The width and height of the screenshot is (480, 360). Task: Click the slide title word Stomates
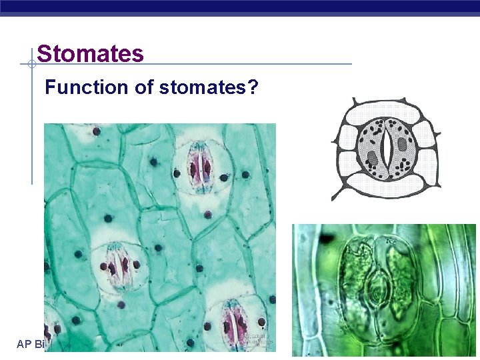pyautogui.click(x=90, y=53)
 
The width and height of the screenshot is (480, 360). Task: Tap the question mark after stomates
pyautogui.click(x=253, y=87)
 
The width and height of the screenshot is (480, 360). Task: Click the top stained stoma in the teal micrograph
pyautogui.click(x=199, y=169)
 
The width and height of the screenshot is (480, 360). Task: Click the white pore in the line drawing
pyautogui.click(x=386, y=148)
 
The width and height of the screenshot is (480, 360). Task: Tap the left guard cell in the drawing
pyautogui.click(x=371, y=148)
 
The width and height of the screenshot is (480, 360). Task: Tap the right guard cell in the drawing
pyautogui.click(x=401, y=148)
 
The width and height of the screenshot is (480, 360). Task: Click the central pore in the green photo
pyautogui.click(x=378, y=291)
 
